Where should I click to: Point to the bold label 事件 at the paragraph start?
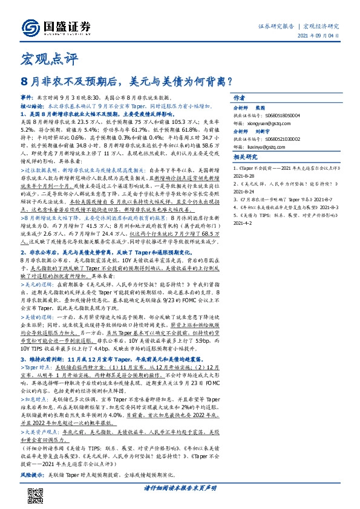(x=27, y=97)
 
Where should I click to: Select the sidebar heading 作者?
(x=239, y=97)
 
